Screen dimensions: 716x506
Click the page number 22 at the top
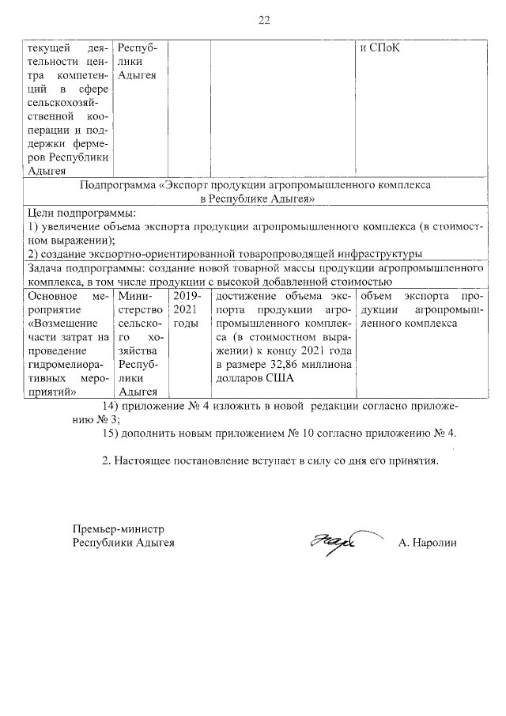pyautogui.click(x=264, y=21)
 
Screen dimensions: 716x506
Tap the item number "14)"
pyautogui.click(x=114, y=406)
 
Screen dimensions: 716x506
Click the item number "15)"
pyautogui.click(x=114, y=434)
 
